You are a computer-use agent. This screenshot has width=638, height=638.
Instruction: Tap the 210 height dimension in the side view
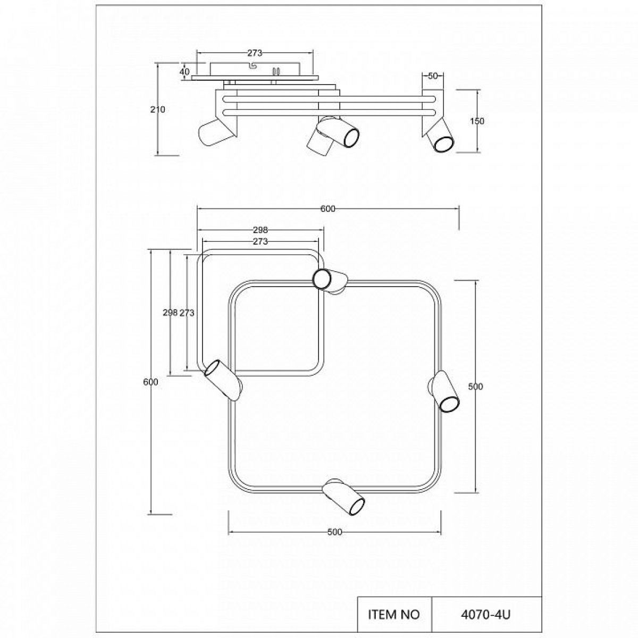[157, 110]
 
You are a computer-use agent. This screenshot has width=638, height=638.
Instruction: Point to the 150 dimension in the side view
[477, 121]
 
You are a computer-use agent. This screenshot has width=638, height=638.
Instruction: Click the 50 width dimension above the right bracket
[433, 76]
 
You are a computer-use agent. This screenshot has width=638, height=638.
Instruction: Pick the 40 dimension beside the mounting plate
[184, 72]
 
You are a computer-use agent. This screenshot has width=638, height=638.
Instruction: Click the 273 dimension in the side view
[255, 53]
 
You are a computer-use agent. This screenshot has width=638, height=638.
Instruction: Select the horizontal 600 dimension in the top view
[328, 209]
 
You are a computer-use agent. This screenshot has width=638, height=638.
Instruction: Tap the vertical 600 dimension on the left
[150, 382]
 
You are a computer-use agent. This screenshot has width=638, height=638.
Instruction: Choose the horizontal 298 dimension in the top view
[260, 230]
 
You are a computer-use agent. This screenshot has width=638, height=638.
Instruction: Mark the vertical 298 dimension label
[170, 313]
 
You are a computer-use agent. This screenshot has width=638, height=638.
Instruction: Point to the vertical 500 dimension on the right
[475, 387]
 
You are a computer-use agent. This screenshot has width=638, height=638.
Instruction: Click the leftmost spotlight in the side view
[217, 132]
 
